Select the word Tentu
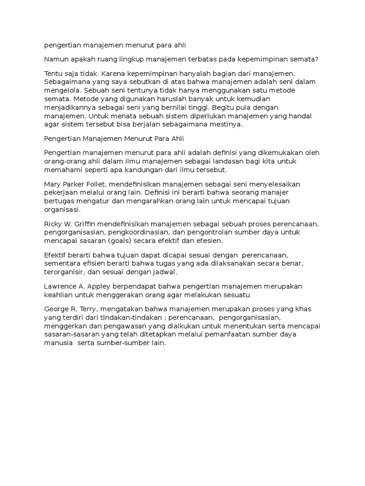point(54,74)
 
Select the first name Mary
point(53,184)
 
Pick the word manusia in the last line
point(58,344)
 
